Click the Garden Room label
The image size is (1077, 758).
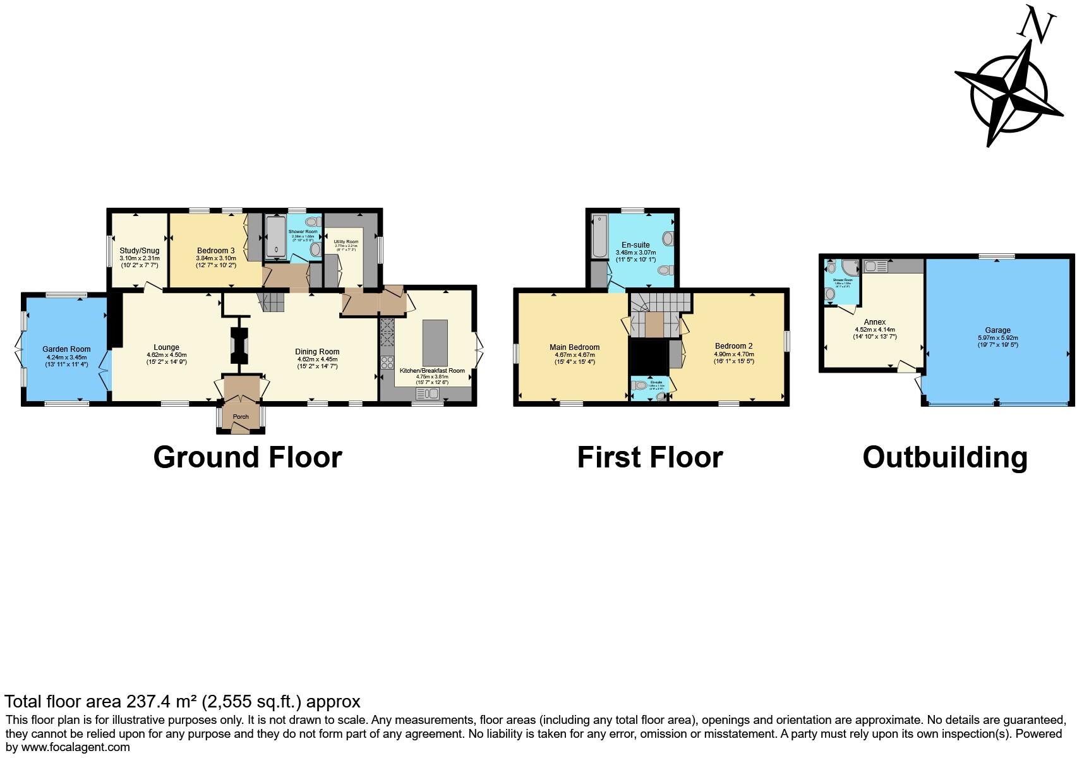66,349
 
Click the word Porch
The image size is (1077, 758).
241,417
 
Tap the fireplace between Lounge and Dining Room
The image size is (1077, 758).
239,346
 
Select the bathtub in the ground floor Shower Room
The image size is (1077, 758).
275,237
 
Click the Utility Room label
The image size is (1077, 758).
346,242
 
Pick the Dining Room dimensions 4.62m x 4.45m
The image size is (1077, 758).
317,359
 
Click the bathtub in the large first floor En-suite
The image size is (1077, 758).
598,236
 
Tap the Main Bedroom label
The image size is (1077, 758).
574,347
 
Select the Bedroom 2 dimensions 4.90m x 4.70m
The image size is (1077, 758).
733,354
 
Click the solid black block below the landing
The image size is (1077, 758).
649,357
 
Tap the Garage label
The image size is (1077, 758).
997,330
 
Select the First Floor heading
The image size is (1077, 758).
649,457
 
